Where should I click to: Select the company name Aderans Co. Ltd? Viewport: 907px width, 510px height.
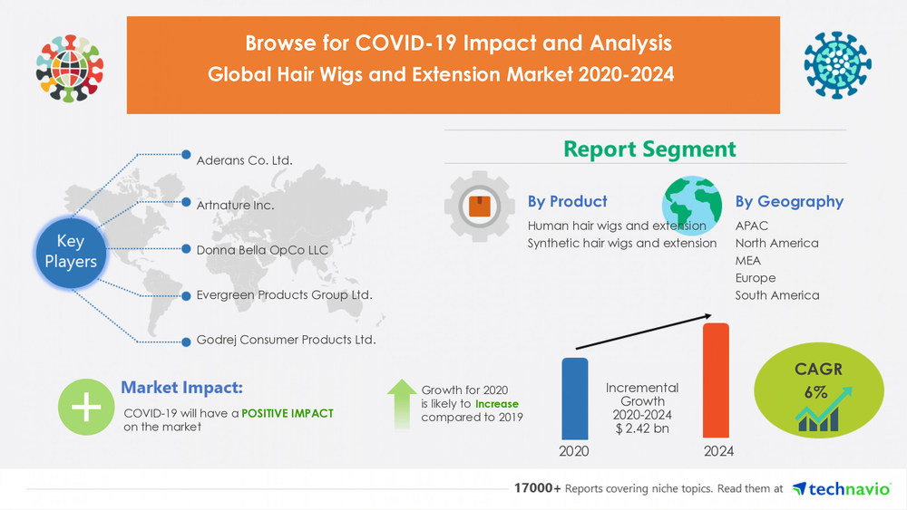click(244, 160)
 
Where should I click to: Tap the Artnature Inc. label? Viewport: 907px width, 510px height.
click(235, 205)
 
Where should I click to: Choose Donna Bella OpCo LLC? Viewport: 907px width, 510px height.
click(262, 249)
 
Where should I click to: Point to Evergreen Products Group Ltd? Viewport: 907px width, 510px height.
click(284, 294)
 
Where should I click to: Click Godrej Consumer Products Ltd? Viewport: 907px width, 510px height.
click(286, 340)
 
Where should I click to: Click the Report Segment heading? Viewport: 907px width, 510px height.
click(649, 149)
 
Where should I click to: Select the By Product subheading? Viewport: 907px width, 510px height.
click(567, 201)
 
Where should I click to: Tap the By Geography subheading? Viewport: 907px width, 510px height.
click(788, 201)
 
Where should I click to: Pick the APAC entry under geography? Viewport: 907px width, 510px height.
click(752, 226)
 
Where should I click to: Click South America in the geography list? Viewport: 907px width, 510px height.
click(776, 295)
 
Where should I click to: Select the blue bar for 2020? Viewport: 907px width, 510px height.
click(574, 399)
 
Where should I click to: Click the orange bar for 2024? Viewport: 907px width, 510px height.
click(717, 380)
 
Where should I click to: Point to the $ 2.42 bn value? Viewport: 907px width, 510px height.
click(642, 428)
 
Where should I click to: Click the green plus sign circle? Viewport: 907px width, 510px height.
click(86, 408)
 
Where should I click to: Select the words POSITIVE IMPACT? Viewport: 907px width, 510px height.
click(288, 413)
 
